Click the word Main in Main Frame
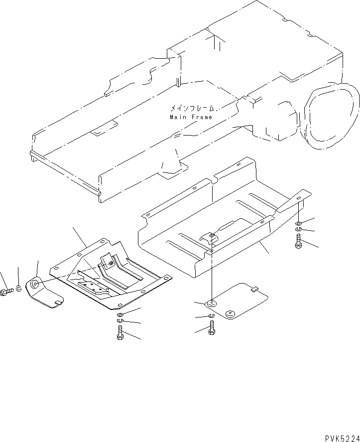[177, 117]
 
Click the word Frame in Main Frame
[202, 117]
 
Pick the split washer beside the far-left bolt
[19, 289]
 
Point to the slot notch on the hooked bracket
[58, 300]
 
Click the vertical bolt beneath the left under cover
[120, 332]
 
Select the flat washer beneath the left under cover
[120, 316]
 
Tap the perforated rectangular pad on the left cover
[93, 288]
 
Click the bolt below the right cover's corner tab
[299, 242]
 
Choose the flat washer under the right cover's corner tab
[298, 223]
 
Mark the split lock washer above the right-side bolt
[298, 229]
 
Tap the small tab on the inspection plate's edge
[255, 288]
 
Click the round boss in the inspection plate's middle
[230, 313]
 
